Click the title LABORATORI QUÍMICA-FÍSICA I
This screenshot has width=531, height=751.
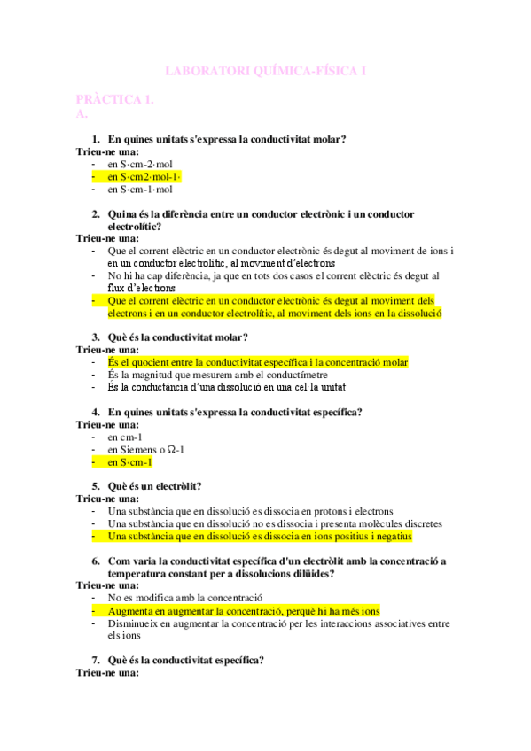pos(266,70)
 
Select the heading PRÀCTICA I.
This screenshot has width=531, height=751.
pos(115,100)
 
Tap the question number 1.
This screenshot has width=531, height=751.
pos(96,140)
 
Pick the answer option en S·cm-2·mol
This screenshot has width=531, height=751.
pos(140,165)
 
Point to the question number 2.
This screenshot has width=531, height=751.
pos(96,214)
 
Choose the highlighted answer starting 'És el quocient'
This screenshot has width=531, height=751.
pos(258,362)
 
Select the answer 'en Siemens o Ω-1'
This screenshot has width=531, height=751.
pos(146,449)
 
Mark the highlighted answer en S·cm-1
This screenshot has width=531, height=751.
pos(129,461)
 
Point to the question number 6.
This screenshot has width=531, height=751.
pos(96,561)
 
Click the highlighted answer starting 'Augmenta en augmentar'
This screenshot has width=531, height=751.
pos(244,610)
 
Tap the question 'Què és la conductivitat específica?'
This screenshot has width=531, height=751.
pos(185,660)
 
